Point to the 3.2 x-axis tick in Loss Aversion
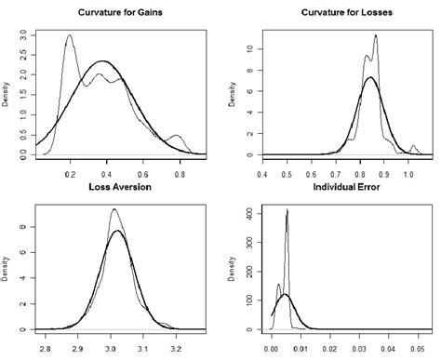[182, 345]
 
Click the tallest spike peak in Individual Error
[287, 210]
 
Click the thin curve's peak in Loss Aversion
[114, 209]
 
